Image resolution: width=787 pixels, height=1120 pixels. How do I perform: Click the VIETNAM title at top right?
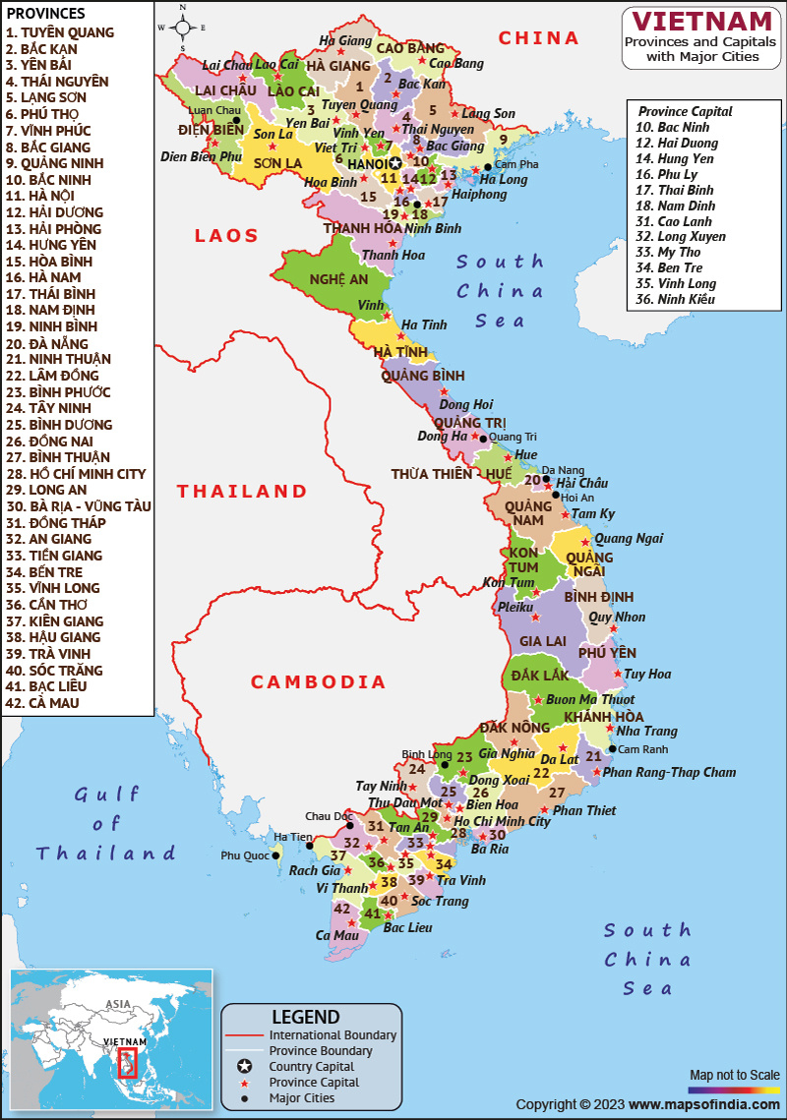[x=701, y=22]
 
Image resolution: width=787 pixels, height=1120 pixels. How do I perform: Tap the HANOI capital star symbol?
[x=395, y=164]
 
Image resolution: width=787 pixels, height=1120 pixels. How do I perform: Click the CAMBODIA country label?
[x=318, y=681]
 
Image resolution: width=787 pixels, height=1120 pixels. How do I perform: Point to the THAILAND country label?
[x=242, y=491]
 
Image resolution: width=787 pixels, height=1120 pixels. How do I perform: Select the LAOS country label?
[x=226, y=235]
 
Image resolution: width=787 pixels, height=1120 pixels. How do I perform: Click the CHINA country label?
[x=538, y=38]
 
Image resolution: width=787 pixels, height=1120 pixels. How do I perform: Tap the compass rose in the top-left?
[x=183, y=27]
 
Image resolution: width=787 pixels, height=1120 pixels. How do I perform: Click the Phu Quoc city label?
[x=244, y=855]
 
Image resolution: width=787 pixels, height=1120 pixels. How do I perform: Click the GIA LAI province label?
[x=542, y=641]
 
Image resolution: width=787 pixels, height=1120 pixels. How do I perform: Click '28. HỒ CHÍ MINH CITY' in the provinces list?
[x=76, y=474]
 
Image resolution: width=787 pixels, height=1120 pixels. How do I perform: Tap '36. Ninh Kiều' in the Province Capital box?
[x=675, y=299]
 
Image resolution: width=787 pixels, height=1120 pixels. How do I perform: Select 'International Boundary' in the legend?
[x=333, y=1034]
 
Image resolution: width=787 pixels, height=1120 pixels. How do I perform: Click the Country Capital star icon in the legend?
[x=245, y=1067]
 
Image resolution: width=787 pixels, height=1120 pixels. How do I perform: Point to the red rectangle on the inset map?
[x=127, y=1062]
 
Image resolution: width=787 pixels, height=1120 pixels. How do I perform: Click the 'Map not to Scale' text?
[x=734, y=1074]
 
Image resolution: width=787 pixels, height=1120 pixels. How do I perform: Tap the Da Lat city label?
[x=560, y=759]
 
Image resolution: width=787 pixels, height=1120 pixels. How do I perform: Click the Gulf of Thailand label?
[x=106, y=823]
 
